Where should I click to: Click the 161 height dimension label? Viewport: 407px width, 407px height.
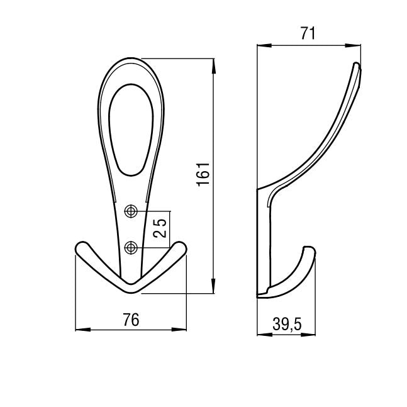203,174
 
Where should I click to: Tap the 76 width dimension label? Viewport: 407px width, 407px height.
131,320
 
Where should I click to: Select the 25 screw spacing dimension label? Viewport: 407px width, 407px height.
159,228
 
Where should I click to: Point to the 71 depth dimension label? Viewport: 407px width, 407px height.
308,33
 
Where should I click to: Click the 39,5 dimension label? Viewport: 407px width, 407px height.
287,324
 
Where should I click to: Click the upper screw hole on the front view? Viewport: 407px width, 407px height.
131,211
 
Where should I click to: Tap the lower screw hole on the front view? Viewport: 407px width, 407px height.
131,248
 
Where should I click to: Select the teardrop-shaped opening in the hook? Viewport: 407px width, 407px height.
131,130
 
